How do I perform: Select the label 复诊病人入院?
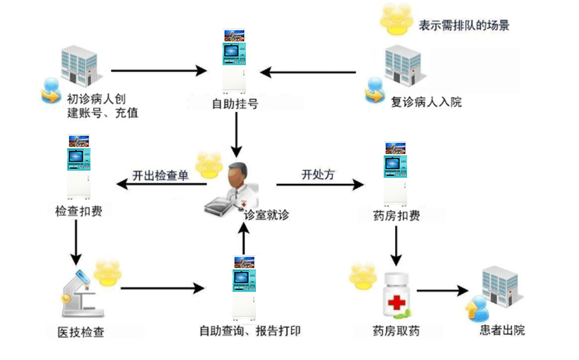tap(426, 102)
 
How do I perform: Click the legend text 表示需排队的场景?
tap(464, 26)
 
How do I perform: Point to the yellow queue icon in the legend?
tap(394, 19)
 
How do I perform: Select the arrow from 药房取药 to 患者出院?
tap(441, 291)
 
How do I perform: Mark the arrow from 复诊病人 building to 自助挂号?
tap(307, 72)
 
